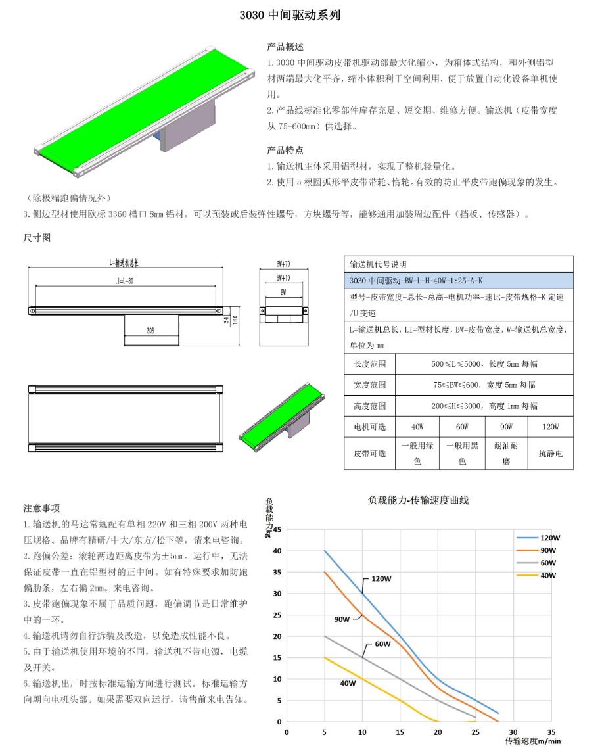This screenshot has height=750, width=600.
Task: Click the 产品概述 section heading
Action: (285, 47)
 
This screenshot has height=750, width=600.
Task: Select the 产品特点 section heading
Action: (285, 150)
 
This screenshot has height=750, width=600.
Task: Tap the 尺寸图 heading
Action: (37, 238)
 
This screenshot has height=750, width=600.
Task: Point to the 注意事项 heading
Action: (41, 508)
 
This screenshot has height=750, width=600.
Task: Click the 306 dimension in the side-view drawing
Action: (151, 331)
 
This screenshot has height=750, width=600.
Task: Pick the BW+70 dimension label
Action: (283, 264)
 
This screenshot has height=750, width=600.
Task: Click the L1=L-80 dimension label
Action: (124, 281)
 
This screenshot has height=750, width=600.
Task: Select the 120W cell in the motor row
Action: (549, 427)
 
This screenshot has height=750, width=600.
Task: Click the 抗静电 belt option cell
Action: (549, 454)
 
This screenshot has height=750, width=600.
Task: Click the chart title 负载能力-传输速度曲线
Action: (418, 500)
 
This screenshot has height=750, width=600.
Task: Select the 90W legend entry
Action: (547, 550)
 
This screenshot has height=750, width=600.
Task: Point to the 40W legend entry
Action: (547, 576)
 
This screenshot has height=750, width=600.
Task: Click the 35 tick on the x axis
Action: (551, 731)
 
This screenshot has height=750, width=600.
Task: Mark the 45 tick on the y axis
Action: (277, 530)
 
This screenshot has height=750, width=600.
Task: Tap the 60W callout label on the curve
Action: (382, 644)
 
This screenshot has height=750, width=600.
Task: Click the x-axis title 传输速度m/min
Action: (532, 741)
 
